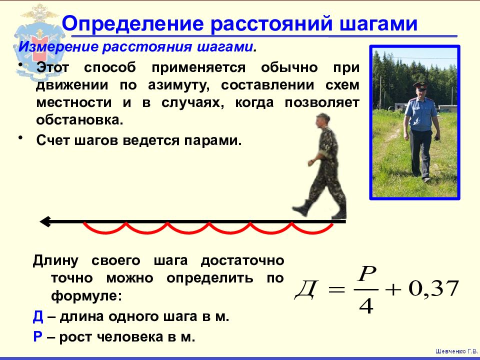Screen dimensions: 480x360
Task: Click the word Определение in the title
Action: [x=133, y=23]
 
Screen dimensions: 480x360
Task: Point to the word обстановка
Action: [x=79, y=119]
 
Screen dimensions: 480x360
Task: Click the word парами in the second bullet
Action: [x=213, y=140]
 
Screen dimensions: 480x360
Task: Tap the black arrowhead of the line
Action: [x=45, y=221]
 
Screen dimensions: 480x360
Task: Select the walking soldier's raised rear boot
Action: [x=301, y=208]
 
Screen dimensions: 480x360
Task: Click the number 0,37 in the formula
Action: [x=434, y=288]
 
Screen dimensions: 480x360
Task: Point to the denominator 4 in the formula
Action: [x=366, y=305]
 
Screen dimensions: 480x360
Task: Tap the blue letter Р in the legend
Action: [x=37, y=337]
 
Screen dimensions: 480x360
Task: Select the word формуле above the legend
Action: [x=86, y=296]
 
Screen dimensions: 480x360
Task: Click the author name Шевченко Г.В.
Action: [x=456, y=351]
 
